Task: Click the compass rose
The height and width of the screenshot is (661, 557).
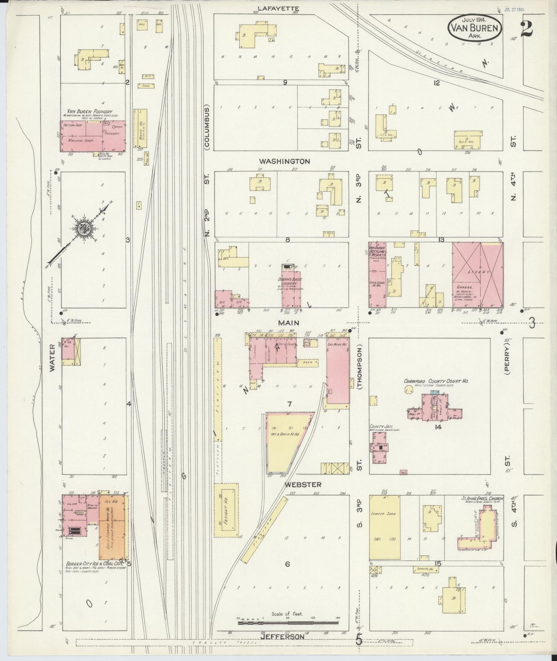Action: pos(82,228)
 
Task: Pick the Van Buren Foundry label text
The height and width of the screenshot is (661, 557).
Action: pos(84,112)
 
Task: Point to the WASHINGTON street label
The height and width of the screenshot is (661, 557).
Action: pos(284,161)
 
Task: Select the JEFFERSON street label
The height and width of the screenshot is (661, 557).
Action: pos(283,637)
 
